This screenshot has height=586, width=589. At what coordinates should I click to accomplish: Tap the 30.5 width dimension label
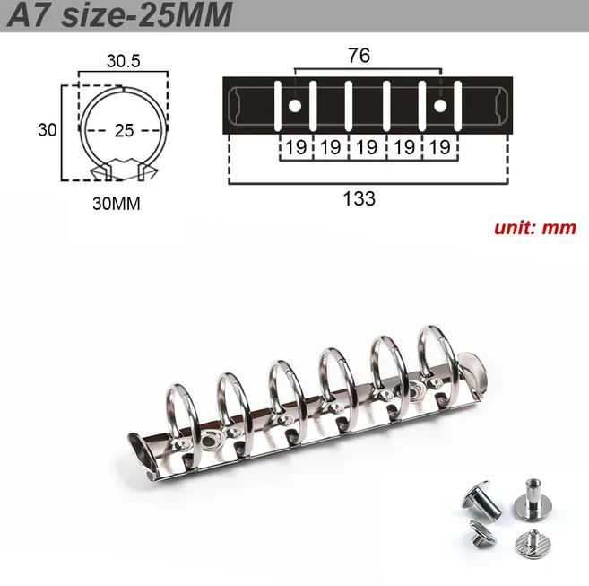point(122,61)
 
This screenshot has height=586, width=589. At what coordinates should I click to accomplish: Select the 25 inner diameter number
point(124,130)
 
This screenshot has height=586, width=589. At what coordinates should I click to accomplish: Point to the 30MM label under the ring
point(117,203)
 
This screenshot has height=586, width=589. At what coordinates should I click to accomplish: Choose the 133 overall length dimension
point(359,198)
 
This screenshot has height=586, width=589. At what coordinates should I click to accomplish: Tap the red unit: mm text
point(534,227)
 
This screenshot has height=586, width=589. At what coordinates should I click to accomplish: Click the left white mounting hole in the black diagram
point(295,107)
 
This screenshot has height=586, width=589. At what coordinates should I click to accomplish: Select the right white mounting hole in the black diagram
point(441,107)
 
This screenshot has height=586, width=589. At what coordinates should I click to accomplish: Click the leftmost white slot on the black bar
point(279,106)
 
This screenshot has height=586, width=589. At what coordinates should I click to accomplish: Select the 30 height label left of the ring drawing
point(47,129)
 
